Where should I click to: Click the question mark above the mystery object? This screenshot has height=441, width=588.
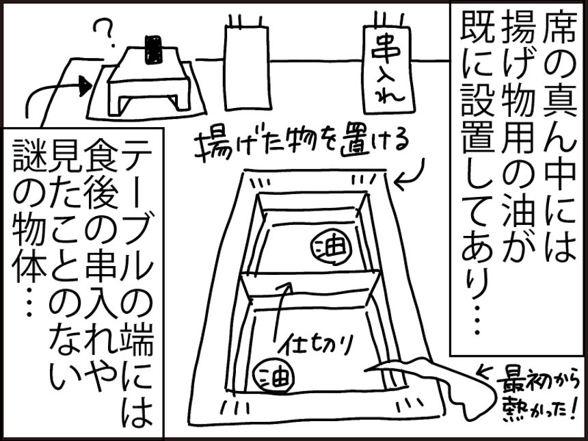(103, 31)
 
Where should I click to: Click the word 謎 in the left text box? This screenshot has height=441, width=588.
(28, 158)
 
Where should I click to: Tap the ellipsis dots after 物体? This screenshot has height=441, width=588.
(29, 300)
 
